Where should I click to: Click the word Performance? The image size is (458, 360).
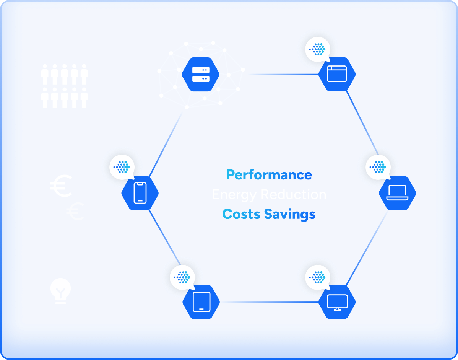click(269, 175)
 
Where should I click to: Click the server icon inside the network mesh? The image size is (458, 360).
click(200, 75)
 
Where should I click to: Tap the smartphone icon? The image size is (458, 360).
click(140, 192)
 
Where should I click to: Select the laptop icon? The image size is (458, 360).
click(397, 192)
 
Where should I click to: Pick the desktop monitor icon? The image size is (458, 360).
click(337, 302)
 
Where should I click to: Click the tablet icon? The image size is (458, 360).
click(201, 302)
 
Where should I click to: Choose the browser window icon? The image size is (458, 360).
click(337, 74)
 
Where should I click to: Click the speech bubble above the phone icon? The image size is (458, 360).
click(122, 167)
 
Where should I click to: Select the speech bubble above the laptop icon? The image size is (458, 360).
click(378, 167)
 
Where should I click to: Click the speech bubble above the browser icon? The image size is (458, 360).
click(318, 49)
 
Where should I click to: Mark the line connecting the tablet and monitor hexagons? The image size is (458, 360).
click(269, 302)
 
